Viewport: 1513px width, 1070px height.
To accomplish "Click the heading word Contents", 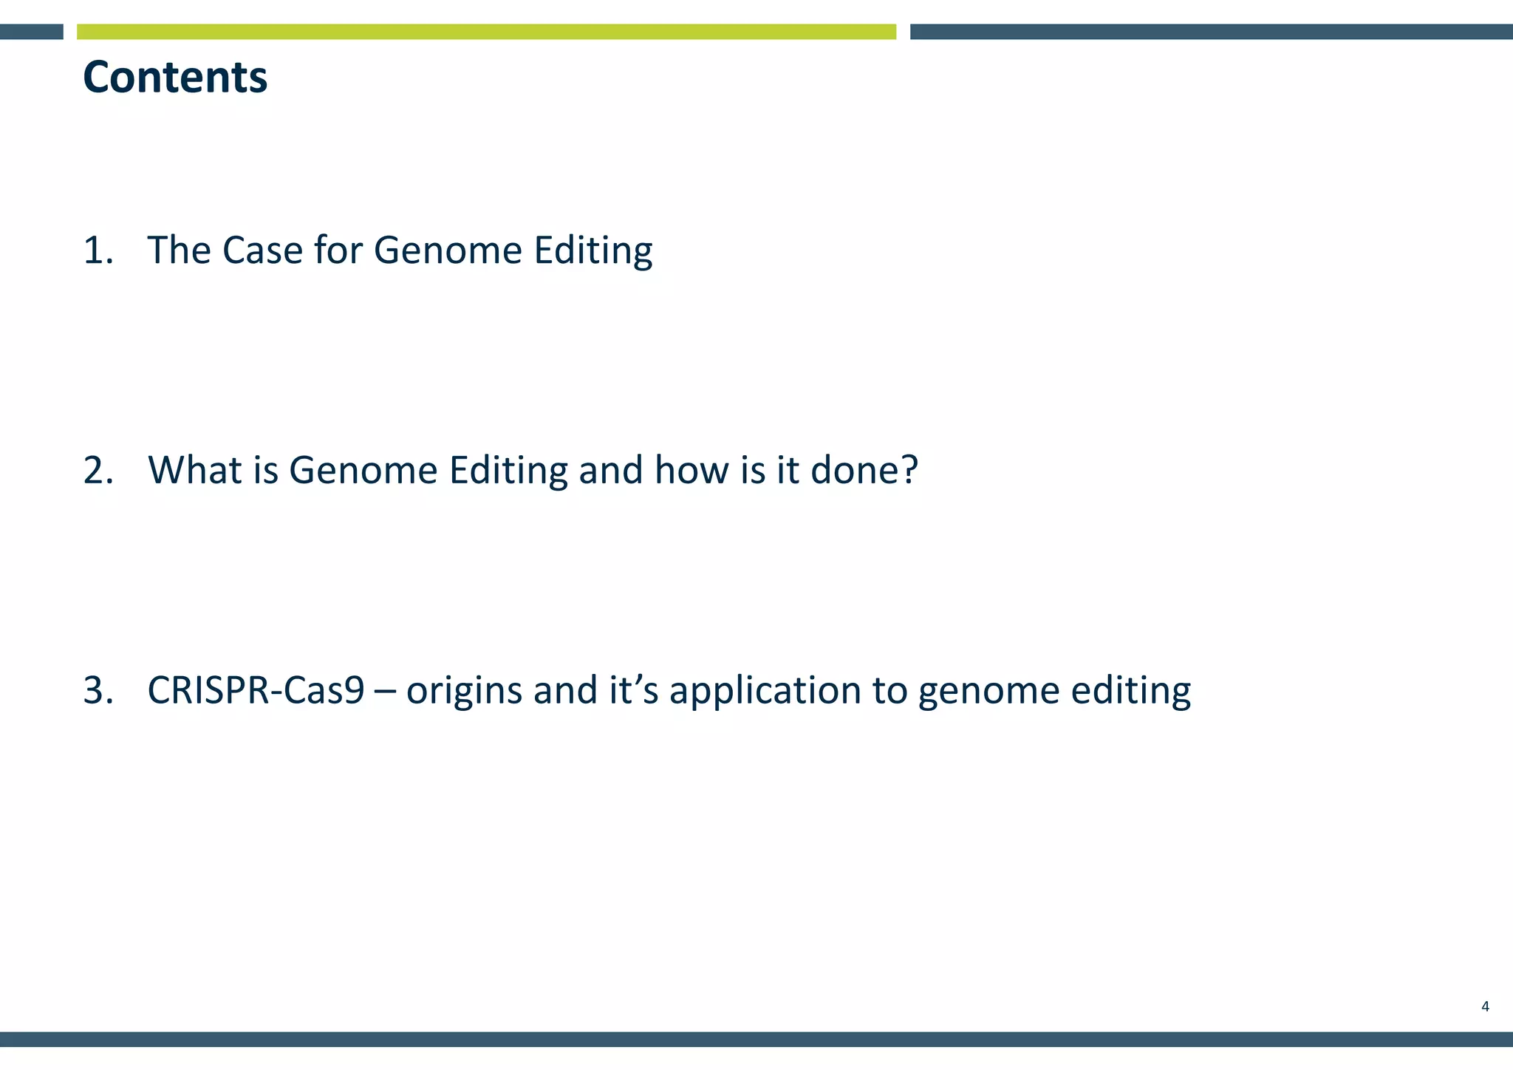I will click(175, 78).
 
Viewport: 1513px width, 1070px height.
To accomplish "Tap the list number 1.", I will click(98, 251).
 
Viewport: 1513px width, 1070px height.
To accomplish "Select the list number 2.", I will click(98, 471).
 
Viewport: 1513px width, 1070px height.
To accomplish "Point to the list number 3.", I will click(98, 691).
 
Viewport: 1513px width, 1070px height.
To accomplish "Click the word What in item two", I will click(194, 471).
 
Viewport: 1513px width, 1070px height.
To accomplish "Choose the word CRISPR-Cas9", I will click(256, 691).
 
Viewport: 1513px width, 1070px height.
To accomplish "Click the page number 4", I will click(1485, 1006).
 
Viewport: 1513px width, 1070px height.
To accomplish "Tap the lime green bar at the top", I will click(486, 32).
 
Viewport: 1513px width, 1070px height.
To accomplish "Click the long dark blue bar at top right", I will click(1211, 32).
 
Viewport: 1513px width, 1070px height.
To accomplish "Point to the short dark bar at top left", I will click(31, 32).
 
